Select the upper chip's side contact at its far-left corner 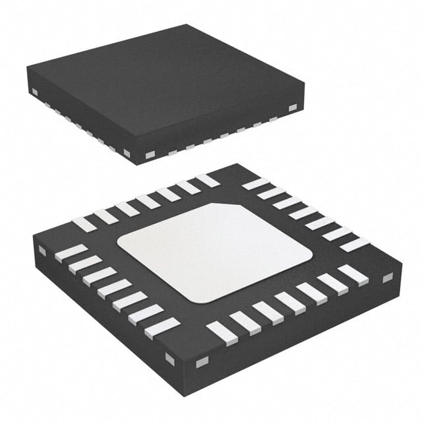(34, 90)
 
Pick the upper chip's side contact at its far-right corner (292, 107)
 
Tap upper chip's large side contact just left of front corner (127, 152)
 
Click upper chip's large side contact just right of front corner (149, 155)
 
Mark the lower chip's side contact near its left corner (42, 251)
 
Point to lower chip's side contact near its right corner (388, 278)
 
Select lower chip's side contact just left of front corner (170, 358)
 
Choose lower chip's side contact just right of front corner (202, 361)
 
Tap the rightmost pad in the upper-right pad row (354, 245)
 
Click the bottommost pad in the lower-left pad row (162, 328)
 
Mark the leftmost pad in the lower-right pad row (222, 333)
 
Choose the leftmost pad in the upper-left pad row (84, 224)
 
